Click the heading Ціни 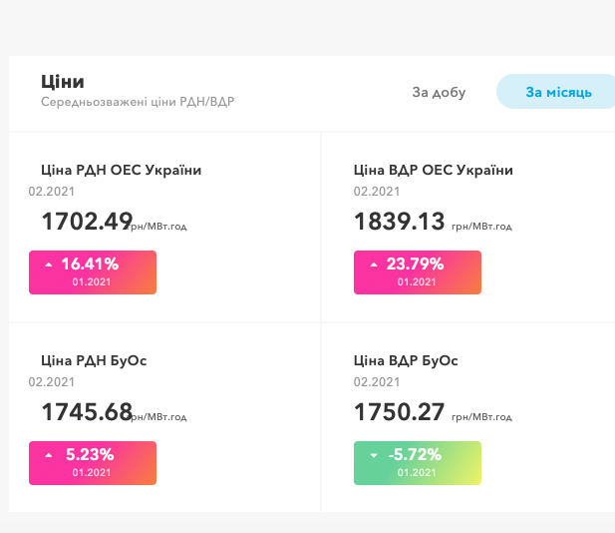[x=63, y=82]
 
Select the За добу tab [x=439, y=92]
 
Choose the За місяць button [x=558, y=92]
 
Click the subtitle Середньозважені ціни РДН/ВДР [x=138, y=102]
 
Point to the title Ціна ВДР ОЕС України [x=434, y=170]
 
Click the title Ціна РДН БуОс [x=94, y=360]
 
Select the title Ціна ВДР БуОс [x=406, y=360]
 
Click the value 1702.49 [x=87, y=221]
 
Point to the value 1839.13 [x=399, y=221]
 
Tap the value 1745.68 [x=87, y=411]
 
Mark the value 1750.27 [x=399, y=411]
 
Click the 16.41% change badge [x=93, y=272]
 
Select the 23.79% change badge [x=418, y=272]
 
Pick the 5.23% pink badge [x=93, y=463]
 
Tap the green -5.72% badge [x=418, y=463]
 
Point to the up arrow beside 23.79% [x=374, y=266]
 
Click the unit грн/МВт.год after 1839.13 [x=481, y=227]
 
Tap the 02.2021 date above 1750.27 [x=377, y=381]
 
